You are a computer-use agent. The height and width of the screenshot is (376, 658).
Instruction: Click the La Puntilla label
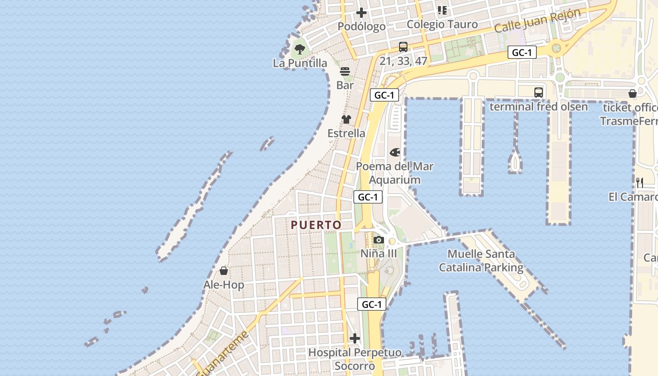pyautogui.click(x=300, y=63)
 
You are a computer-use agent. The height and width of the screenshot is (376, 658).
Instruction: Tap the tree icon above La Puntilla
pyautogui.click(x=300, y=48)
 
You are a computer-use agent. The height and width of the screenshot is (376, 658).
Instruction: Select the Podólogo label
pyautogui.click(x=361, y=26)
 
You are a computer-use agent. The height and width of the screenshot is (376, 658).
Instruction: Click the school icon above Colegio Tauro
pyautogui.click(x=442, y=10)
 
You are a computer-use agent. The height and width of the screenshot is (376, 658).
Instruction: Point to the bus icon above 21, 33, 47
pyautogui.click(x=403, y=47)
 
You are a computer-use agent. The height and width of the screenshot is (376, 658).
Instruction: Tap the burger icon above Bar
pyautogui.click(x=345, y=71)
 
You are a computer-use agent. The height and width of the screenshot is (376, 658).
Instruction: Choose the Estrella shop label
pyautogui.click(x=346, y=133)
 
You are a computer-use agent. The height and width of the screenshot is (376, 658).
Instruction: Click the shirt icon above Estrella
pyautogui.click(x=346, y=119)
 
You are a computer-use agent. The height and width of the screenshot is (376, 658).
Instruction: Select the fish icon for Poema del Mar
pyautogui.click(x=395, y=152)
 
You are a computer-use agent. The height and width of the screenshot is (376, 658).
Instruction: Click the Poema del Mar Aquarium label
pyautogui.click(x=395, y=173)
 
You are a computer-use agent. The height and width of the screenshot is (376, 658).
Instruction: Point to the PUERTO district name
pyautogui.click(x=316, y=225)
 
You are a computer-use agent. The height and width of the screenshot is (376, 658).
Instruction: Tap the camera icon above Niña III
pyautogui.click(x=378, y=240)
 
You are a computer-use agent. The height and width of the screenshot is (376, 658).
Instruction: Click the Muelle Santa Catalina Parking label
pyautogui.click(x=481, y=261)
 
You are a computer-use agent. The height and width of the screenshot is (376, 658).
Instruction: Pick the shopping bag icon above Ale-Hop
pyautogui.click(x=224, y=271)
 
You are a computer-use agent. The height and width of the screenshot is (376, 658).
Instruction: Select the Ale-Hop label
pyautogui.click(x=224, y=285)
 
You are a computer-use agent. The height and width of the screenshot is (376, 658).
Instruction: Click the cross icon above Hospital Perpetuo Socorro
pyautogui.click(x=355, y=338)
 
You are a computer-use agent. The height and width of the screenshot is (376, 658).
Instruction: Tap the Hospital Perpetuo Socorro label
pyautogui.click(x=355, y=359)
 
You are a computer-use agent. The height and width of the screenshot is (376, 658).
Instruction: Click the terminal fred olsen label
pyautogui.click(x=539, y=107)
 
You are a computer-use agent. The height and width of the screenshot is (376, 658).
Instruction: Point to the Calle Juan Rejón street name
pyautogui.click(x=538, y=21)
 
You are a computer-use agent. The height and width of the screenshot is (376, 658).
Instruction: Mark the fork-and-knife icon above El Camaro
pyautogui.click(x=640, y=182)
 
